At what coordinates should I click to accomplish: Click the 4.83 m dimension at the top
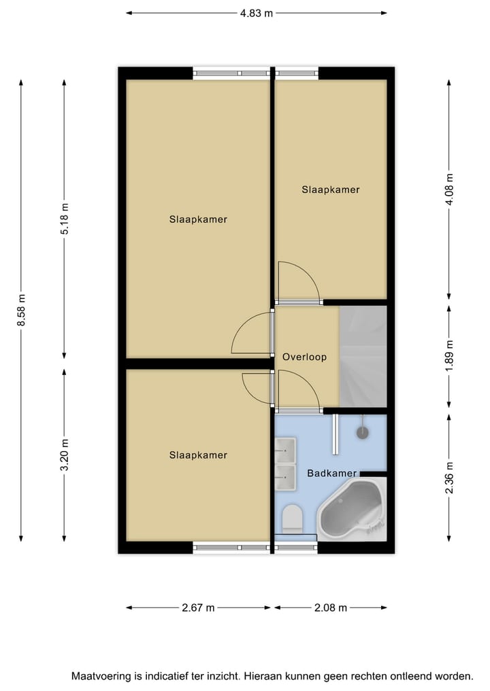pyautogui.click(x=256, y=13)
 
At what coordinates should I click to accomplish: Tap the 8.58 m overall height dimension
pyautogui.click(x=21, y=310)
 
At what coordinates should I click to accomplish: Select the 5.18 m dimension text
pyautogui.click(x=65, y=219)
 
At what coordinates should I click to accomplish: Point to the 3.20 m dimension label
pyautogui.click(x=65, y=456)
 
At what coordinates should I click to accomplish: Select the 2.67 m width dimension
pyautogui.click(x=198, y=607)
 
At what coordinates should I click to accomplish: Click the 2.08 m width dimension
pyautogui.click(x=331, y=607)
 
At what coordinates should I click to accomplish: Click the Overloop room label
pyautogui.click(x=305, y=357)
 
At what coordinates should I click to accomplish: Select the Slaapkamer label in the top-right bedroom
pyautogui.click(x=330, y=190)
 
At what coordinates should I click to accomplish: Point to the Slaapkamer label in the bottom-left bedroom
pyautogui.click(x=198, y=455)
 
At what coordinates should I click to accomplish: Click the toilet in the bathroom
pyautogui.click(x=292, y=519)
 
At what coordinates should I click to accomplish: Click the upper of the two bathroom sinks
pyautogui.click(x=285, y=449)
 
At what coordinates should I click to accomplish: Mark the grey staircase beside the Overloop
pyautogui.click(x=363, y=356)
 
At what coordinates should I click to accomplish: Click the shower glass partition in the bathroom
pyautogui.click(x=335, y=434)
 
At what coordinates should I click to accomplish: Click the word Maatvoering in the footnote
pyautogui.click(x=103, y=676)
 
